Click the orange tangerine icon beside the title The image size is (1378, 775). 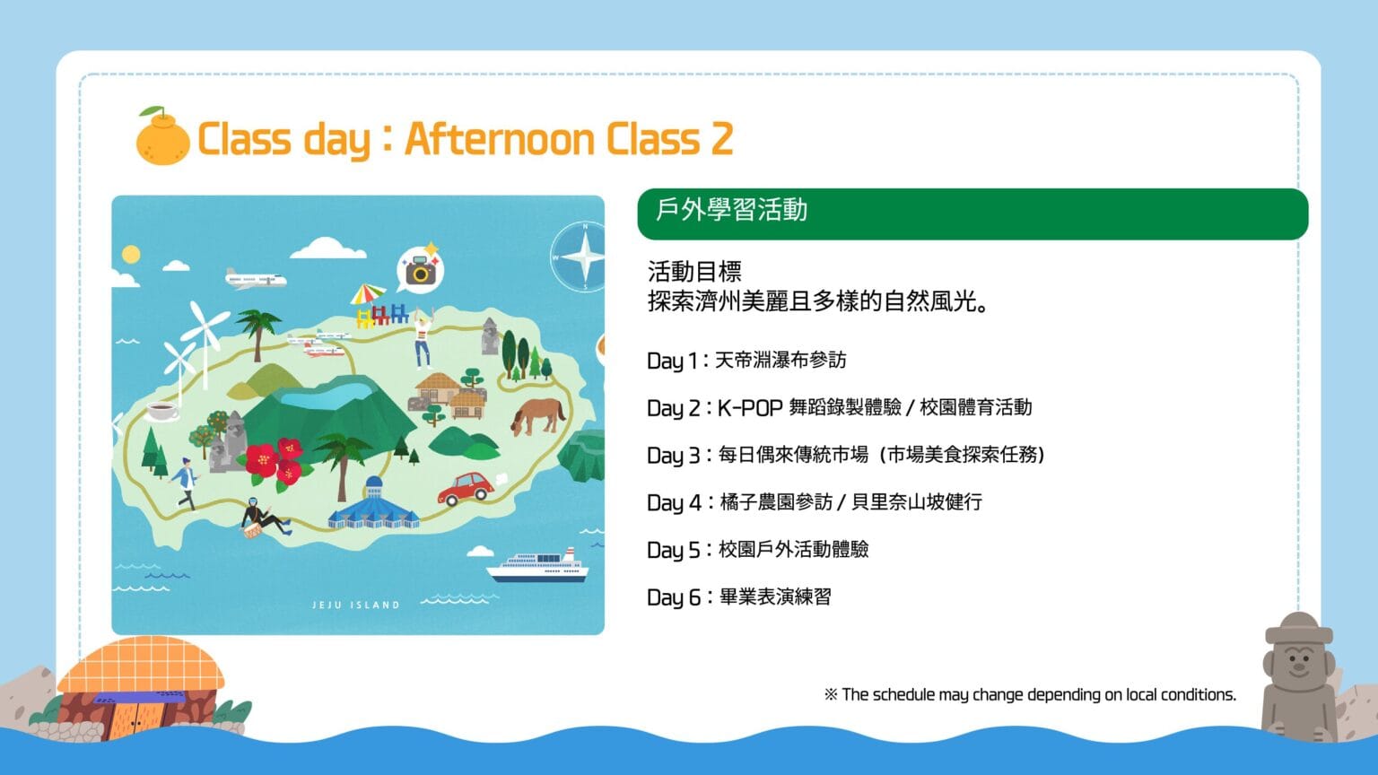click(163, 136)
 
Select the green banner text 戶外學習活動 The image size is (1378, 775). click(731, 211)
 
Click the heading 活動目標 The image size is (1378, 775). click(694, 271)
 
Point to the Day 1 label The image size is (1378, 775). click(672, 361)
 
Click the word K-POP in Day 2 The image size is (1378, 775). click(749, 407)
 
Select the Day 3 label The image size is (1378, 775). click(674, 455)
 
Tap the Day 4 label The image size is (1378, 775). click(675, 502)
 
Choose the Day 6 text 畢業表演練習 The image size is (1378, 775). click(775, 596)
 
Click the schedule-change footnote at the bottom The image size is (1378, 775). click(1031, 694)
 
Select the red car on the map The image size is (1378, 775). click(466, 489)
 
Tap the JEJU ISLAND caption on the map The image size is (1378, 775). click(355, 605)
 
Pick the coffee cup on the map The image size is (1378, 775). click(162, 410)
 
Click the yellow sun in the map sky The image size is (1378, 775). click(131, 254)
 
